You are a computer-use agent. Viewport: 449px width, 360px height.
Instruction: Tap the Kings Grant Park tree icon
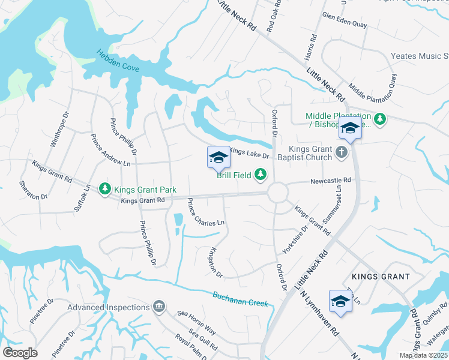coord(105,189)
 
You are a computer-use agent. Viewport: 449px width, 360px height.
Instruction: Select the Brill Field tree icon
coord(260,175)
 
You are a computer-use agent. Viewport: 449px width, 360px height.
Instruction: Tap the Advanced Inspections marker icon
coord(159,307)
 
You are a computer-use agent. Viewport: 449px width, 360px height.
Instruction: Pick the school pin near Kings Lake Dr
coord(218,158)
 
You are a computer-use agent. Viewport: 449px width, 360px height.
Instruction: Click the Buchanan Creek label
coord(240,298)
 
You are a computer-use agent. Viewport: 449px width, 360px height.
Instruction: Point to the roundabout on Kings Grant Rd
coord(277,193)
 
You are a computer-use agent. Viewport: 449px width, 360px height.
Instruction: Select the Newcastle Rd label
coord(330,180)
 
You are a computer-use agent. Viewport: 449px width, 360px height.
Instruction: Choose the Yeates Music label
coord(420,56)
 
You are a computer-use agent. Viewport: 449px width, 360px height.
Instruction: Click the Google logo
coord(20,352)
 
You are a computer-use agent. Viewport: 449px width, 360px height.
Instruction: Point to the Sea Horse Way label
coord(196,322)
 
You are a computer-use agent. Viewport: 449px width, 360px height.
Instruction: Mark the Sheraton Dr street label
coord(32,190)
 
